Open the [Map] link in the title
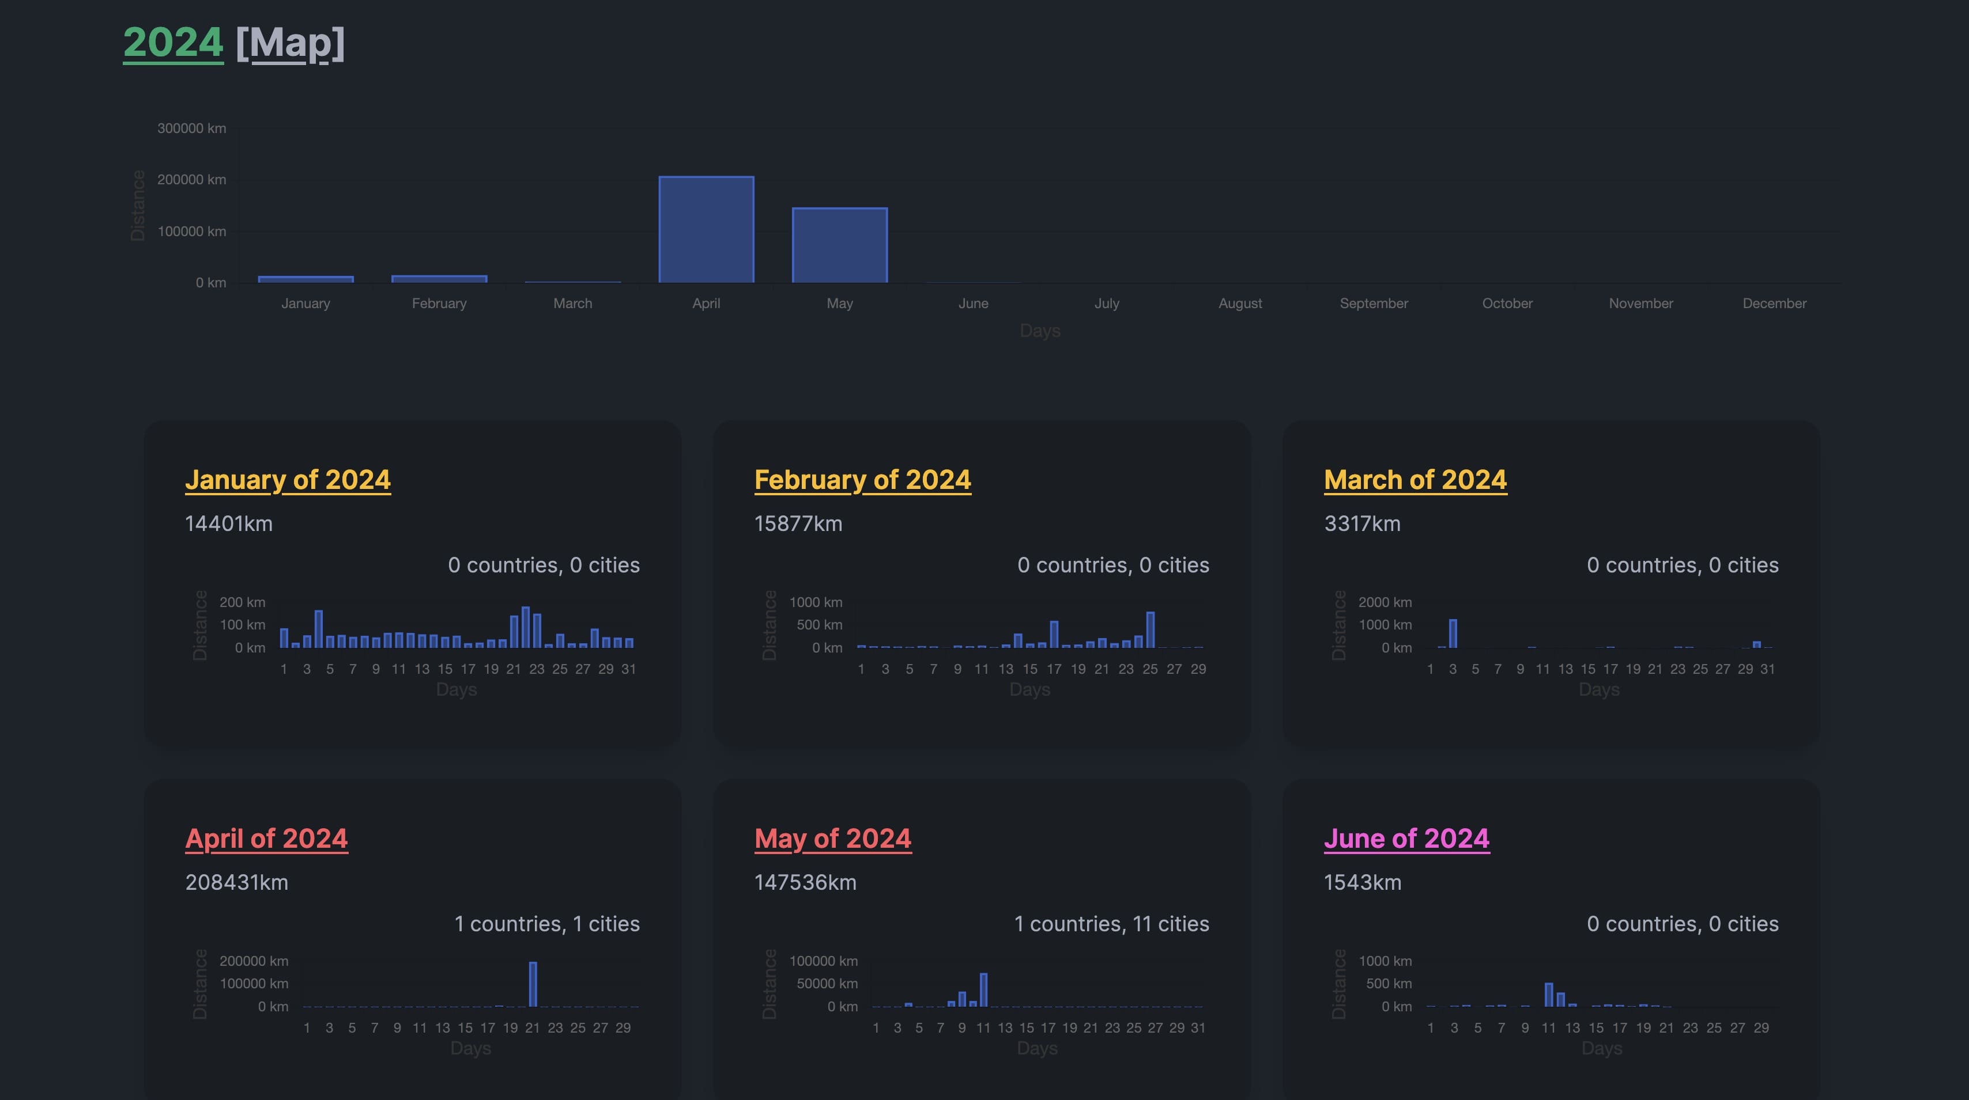click(x=291, y=44)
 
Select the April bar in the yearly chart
click(x=706, y=230)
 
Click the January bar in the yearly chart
click(x=305, y=279)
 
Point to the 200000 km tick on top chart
click(x=191, y=180)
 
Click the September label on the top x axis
click(x=1373, y=304)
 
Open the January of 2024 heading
click(x=288, y=480)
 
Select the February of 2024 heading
click(x=862, y=480)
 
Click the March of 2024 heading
click(x=1415, y=480)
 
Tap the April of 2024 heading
click(x=266, y=839)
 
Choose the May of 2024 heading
click(x=832, y=839)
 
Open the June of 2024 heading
click(x=1406, y=839)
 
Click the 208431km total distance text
click(x=236, y=882)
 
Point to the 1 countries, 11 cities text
click(x=1111, y=924)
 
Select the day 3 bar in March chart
click(x=1453, y=634)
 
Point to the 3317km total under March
click(x=1362, y=524)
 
